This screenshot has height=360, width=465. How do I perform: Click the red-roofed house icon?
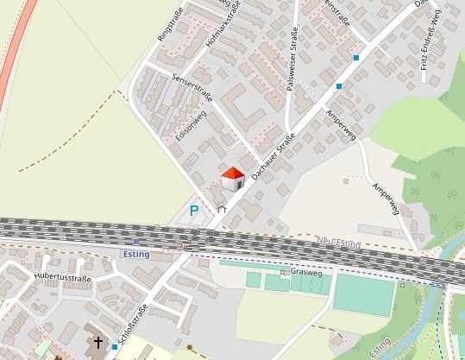233,180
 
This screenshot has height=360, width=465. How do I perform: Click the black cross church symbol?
97,343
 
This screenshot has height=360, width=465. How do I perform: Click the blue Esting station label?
136,255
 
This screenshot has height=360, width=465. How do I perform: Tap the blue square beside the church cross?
115,346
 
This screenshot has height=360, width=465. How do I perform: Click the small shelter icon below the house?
222,207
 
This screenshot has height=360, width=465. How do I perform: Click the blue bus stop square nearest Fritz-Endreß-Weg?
356,58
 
